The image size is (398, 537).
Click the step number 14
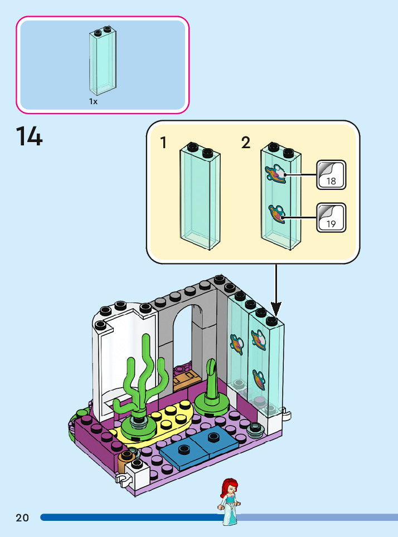coord(29,136)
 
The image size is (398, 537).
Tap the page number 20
coord(22,518)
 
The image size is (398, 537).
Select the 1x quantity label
coord(93,101)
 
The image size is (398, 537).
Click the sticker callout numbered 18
coord(331,175)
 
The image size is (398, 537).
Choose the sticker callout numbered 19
coord(331,217)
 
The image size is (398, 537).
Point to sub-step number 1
coord(163,143)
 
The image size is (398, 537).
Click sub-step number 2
coord(246,143)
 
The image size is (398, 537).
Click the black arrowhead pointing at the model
coord(276,309)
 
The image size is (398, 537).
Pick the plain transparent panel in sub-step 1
coord(200,196)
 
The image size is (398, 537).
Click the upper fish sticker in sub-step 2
coord(275,173)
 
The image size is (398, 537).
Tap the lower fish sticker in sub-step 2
coord(276,214)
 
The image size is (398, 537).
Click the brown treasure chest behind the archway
coord(186,381)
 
